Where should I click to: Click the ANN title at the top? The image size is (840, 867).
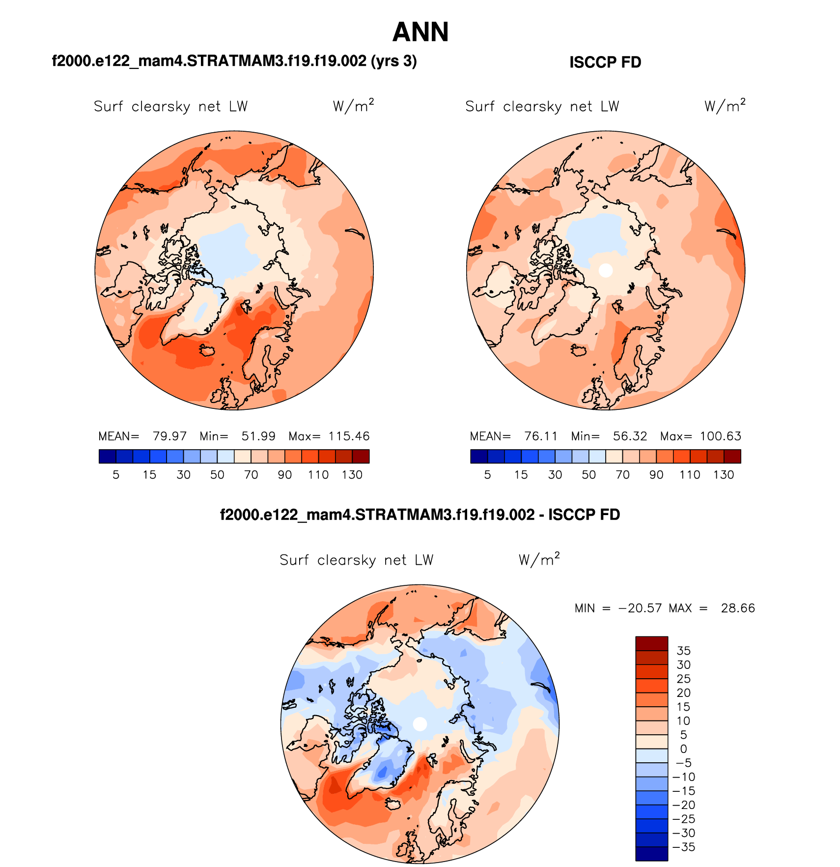(420, 32)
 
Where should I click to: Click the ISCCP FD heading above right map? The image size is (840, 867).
(605, 62)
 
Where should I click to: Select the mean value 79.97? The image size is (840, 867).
(169, 436)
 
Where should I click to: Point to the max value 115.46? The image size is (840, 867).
(349, 436)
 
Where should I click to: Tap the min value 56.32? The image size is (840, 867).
(630, 436)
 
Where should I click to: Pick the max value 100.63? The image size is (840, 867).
(721, 436)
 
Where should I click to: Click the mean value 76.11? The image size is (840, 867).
(541, 436)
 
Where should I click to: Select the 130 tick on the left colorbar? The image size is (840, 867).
(352, 475)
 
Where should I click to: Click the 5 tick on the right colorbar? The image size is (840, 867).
(487, 475)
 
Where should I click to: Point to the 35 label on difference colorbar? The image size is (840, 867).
(683, 651)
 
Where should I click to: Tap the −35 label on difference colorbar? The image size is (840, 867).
(683, 847)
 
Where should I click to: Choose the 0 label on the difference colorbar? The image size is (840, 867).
(683, 749)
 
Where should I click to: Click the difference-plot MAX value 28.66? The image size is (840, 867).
(738, 608)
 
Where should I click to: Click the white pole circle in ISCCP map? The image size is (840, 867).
(606, 270)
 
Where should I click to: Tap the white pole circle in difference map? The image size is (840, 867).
(420, 724)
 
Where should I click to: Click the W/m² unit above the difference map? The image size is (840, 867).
(539, 560)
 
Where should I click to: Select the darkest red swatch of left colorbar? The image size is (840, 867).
(361, 457)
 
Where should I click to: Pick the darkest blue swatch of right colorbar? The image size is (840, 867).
(479, 457)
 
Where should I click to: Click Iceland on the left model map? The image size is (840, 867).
(208, 350)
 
